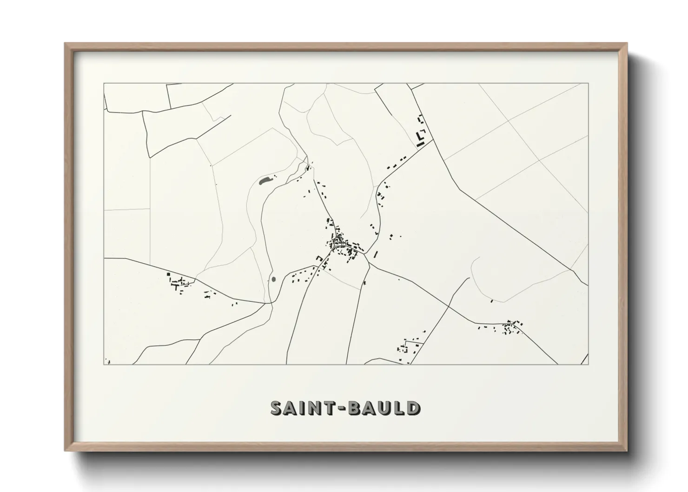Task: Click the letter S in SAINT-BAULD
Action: point(278,408)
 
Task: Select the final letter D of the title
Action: point(412,408)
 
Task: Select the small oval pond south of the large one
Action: point(273,279)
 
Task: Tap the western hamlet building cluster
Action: point(179,282)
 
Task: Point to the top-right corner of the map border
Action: point(588,84)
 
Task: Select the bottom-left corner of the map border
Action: point(104,365)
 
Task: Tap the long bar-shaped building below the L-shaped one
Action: point(421,145)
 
